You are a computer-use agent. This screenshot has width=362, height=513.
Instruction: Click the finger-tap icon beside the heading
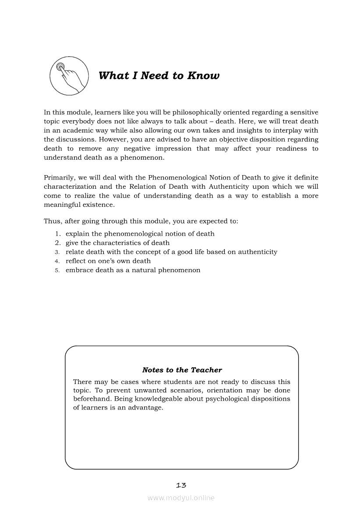point(67,76)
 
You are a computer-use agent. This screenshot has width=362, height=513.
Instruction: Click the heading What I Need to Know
point(159,75)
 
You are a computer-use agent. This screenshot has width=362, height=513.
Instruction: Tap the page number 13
point(181,485)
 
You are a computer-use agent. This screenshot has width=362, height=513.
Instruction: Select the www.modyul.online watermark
point(181,498)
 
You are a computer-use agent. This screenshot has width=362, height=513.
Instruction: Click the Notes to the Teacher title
point(182,370)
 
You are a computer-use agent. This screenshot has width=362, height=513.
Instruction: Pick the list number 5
point(57,270)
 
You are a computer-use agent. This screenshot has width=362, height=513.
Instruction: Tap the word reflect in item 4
point(76,261)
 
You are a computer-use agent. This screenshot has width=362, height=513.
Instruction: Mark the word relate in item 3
point(75,252)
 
